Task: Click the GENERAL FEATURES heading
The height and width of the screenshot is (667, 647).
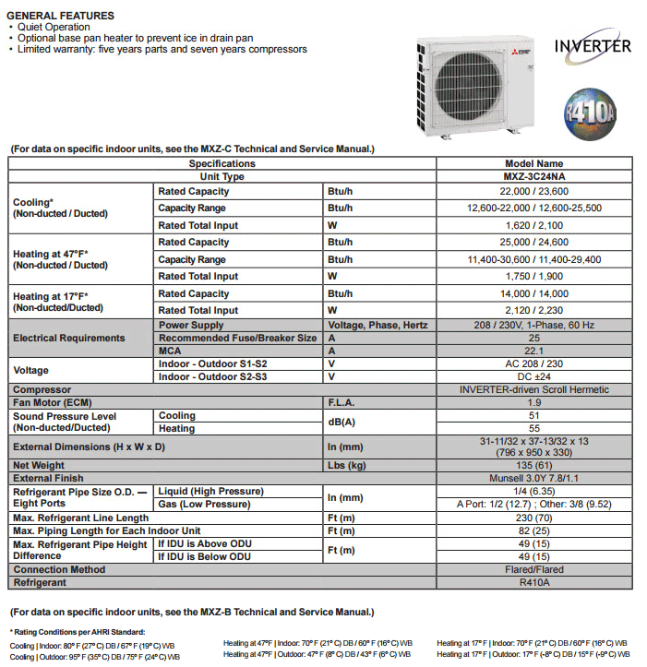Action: coord(61,16)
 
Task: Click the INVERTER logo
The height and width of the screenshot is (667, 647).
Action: coord(593,45)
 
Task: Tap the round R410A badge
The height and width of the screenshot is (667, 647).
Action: coord(591,113)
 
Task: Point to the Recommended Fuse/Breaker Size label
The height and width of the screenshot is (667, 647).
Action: coord(237,338)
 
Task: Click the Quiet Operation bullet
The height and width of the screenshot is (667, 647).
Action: coord(56,28)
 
